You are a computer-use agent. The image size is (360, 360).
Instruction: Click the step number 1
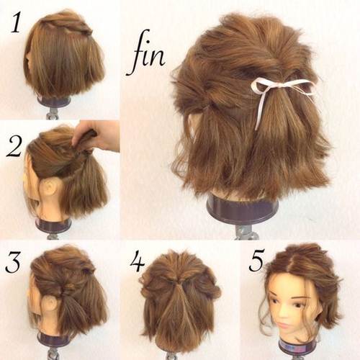[16, 22]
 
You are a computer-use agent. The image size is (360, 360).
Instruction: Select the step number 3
[13, 261]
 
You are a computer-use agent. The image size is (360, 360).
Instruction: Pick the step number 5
[256, 261]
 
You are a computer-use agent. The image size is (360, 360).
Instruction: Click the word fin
[145, 53]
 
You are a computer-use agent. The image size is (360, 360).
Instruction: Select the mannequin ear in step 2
[50, 188]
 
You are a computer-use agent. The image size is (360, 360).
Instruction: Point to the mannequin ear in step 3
[50, 304]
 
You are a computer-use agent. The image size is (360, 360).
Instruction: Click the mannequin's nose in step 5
[282, 315]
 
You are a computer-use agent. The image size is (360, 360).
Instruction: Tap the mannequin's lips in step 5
[284, 326]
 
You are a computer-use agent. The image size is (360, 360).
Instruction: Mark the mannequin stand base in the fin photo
[243, 208]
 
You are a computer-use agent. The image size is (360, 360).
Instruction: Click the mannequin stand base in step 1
[54, 102]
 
